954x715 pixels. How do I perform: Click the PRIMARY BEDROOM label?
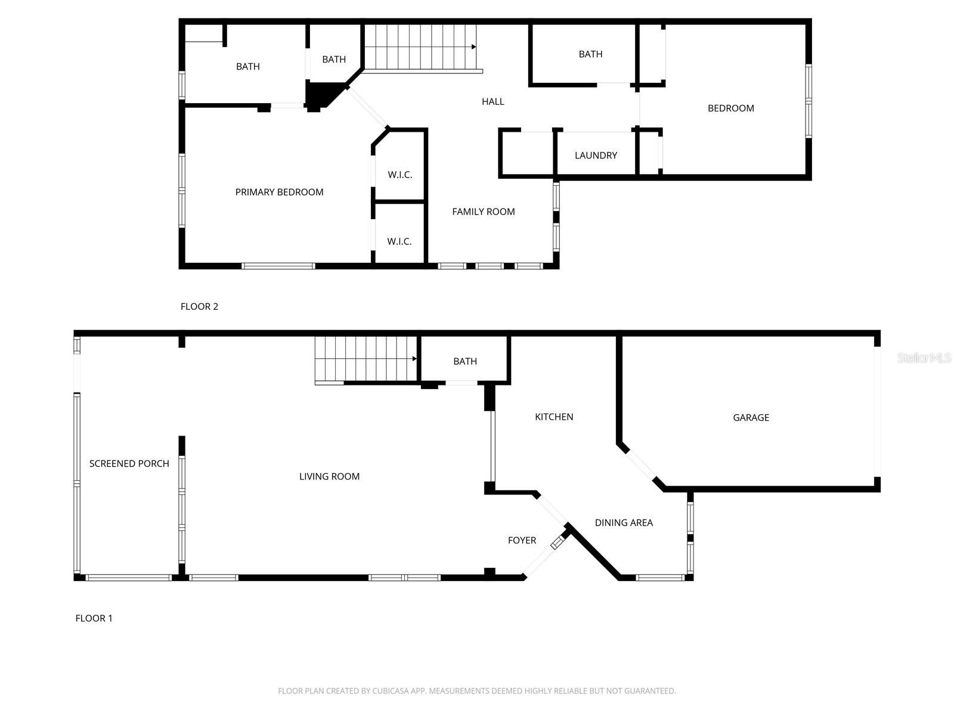click(x=279, y=192)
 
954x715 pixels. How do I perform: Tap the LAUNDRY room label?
click(x=596, y=156)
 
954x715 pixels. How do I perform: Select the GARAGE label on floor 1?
click(x=751, y=418)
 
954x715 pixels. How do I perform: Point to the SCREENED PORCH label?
click(x=129, y=464)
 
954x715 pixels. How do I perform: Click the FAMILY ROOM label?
click(x=483, y=212)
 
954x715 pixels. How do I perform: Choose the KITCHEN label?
click(x=554, y=417)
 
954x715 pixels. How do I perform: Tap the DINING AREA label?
click(x=624, y=523)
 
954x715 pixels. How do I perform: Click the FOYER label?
click(x=522, y=540)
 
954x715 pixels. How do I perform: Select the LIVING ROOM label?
click(x=329, y=477)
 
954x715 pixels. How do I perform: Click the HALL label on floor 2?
click(x=493, y=102)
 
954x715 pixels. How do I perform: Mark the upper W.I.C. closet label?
click(x=399, y=175)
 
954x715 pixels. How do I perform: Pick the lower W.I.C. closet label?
click(x=399, y=241)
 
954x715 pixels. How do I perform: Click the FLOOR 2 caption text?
click(x=199, y=306)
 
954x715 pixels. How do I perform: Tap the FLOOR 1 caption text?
click(x=94, y=618)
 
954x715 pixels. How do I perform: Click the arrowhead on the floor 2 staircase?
click(x=474, y=46)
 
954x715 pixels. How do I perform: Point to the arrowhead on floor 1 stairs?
click(x=414, y=359)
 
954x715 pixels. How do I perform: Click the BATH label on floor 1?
click(x=465, y=361)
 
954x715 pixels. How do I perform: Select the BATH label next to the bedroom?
click(x=590, y=54)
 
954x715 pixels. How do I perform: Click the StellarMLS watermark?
click(x=924, y=358)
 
